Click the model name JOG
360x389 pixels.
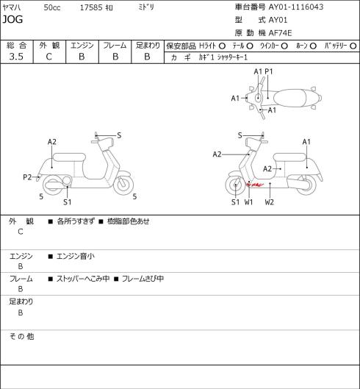coord(12,19)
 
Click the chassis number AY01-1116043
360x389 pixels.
coord(296,7)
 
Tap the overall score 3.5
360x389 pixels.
coord(16,57)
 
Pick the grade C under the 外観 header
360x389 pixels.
coord(49,57)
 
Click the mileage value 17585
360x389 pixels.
coord(91,7)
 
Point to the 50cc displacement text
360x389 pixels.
coord(52,7)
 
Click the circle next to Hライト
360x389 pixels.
coord(222,46)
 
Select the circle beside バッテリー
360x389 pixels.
coord(353,46)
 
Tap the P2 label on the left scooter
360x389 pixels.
coord(27,177)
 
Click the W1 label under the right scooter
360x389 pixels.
coord(248,202)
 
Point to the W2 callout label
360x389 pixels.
coord(269,202)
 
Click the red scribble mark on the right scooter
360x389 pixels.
coord(254,185)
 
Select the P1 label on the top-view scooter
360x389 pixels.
coord(269,72)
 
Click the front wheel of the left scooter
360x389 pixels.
coord(123,185)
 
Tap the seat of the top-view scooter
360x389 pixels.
coord(289,98)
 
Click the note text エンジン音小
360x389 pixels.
coord(76,256)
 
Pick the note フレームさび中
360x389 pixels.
coord(143,279)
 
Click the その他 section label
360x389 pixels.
coord(21,336)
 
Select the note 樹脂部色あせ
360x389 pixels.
coord(129,221)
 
